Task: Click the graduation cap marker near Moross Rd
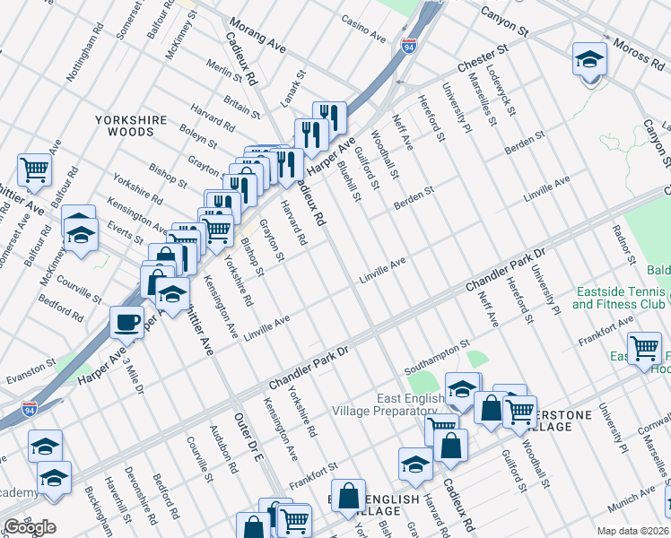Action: (589, 60)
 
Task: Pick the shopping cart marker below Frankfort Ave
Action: (644, 348)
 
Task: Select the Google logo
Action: (30, 527)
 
